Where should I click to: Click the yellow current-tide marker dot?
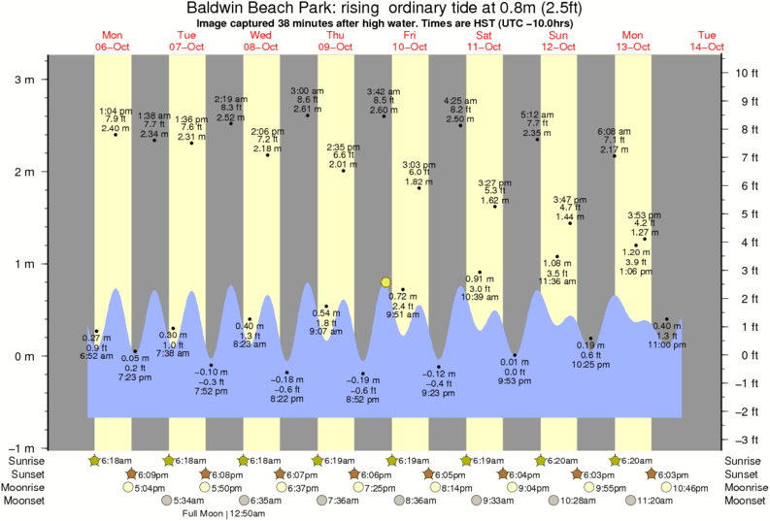pos(386,282)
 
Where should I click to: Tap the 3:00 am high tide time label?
pos(307,90)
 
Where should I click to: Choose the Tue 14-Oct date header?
pos(706,40)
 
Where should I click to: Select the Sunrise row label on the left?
pos(27,460)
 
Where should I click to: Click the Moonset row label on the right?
pos(743,500)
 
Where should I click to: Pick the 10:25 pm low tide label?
pos(590,364)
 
